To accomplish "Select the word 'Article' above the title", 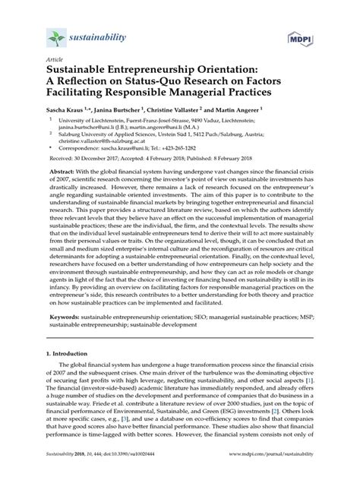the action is (x=55, y=59).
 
